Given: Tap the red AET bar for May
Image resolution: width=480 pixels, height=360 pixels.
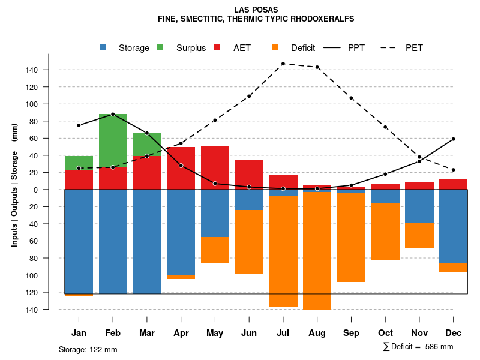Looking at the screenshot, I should click(x=215, y=167).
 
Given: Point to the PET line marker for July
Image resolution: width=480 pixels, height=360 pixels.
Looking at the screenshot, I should click(x=283, y=64).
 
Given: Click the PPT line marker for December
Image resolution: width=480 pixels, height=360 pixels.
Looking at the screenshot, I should click(x=453, y=139).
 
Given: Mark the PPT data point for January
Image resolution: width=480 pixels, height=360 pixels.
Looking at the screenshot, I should click(x=79, y=125).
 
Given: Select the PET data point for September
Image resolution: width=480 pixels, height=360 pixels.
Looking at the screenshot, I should click(x=351, y=98).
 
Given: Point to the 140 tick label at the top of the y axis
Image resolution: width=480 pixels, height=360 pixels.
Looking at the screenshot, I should click(x=32, y=70).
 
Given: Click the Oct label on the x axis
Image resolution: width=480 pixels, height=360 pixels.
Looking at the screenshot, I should click(x=385, y=333).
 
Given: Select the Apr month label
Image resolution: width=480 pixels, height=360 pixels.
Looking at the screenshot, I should click(x=181, y=333).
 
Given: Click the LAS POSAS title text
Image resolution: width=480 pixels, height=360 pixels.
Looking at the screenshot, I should click(x=256, y=10).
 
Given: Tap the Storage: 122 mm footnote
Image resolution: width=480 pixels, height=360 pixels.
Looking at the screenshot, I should click(x=88, y=349).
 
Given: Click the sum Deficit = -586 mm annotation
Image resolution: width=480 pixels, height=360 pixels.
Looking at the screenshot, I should click(x=418, y=347).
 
